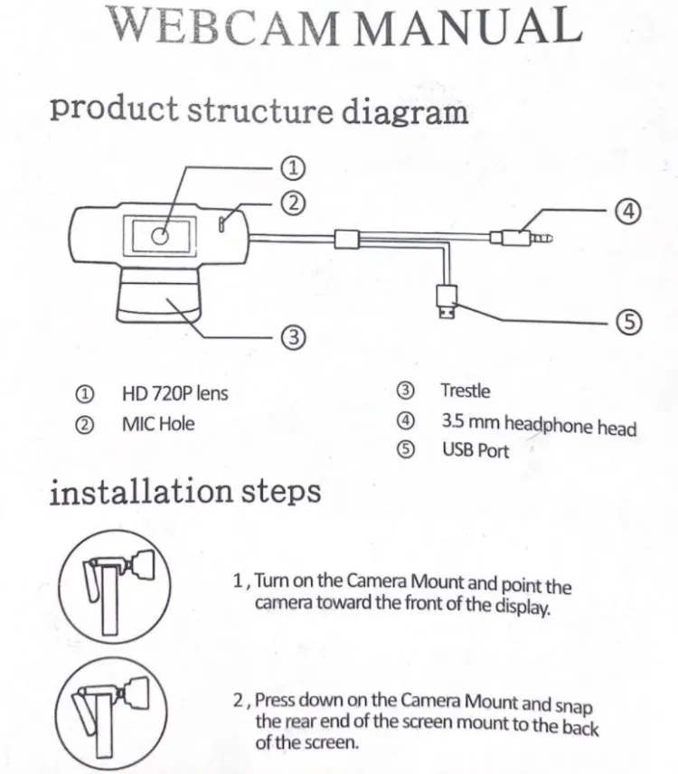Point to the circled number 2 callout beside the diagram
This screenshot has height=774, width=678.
pos(292,203)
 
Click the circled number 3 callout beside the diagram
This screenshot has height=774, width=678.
pos(292,338)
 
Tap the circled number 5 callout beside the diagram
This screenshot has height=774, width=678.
pos(628,322)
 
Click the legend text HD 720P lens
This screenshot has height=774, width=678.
pos(174,393)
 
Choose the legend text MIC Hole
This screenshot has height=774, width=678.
pos(157,423)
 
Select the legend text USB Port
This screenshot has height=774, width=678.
pos(475,450)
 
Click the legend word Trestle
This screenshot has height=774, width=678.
pos(465,391)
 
